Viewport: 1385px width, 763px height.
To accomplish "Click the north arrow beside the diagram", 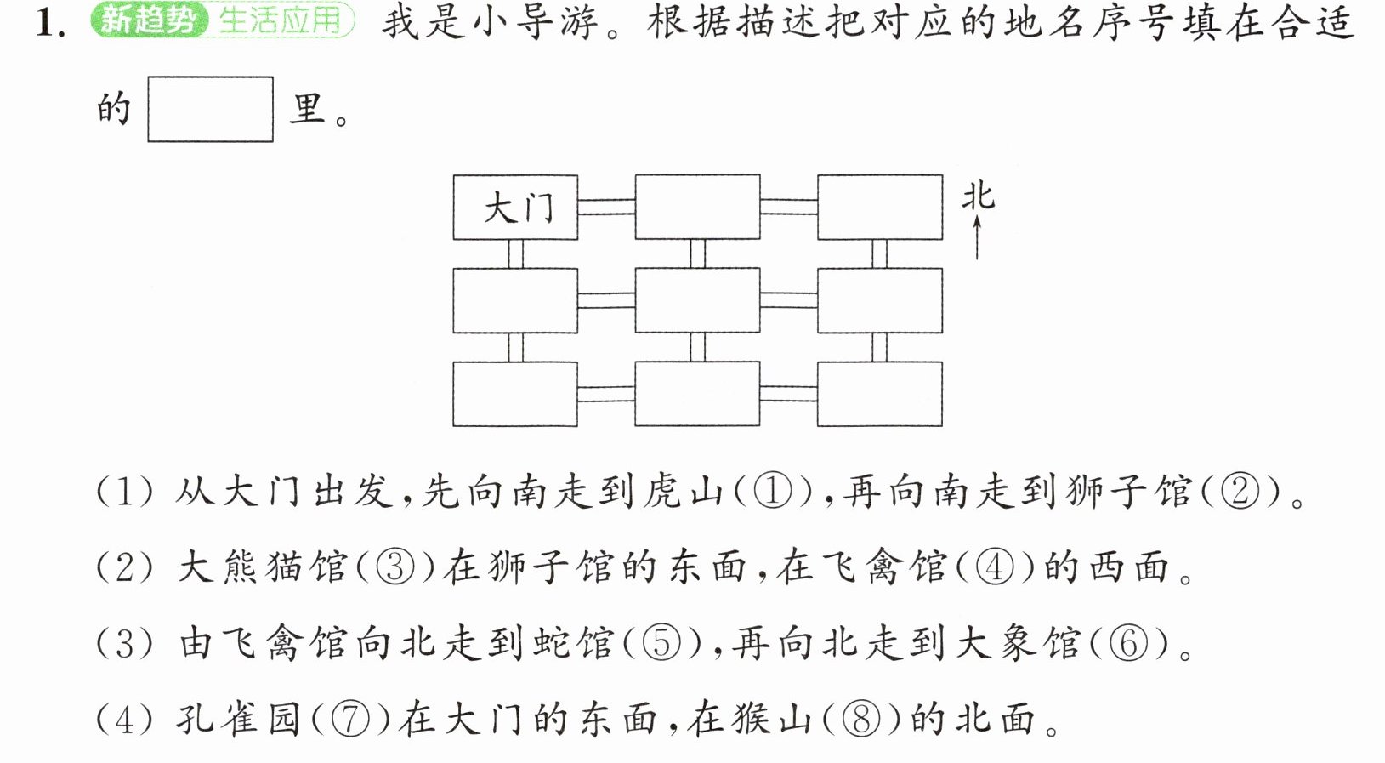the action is click(x=977, y=237).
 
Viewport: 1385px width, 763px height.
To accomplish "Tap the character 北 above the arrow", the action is click(x=978, y=196).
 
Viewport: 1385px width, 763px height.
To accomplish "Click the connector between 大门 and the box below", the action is click(x=515, y=253).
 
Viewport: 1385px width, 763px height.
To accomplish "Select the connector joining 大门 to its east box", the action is click(x=606, y=207).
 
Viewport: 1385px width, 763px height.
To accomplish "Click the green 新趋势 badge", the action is click(x=149, y=20).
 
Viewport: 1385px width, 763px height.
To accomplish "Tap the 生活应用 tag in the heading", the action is click(x=281, y=20).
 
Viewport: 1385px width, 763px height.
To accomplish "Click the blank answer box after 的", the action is click(x=210, y=110).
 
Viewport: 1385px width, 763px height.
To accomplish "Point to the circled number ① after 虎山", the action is click(x=773, y=493).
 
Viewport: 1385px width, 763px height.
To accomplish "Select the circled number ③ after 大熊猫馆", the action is click(x=395, y=567).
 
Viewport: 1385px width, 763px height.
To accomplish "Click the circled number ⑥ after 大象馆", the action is click(x=1129, y=644).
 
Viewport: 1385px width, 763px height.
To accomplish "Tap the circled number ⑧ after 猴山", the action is click(x=861, y=720).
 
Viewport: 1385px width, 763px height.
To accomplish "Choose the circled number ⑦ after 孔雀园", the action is click(x=350, y=720).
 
